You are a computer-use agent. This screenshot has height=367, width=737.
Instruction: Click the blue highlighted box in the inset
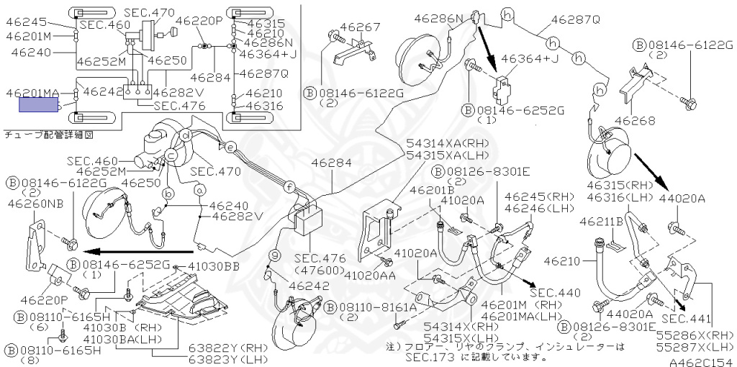pos(39,106)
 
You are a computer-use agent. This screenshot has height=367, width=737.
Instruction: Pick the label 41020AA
pos(371,273)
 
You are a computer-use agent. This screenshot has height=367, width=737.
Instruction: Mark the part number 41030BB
pos(213,267)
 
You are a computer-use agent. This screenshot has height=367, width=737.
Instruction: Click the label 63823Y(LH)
pos(229,359)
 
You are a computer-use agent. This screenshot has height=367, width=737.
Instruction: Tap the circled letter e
pos(230,147)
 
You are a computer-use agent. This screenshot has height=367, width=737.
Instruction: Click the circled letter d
pos(186,136)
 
